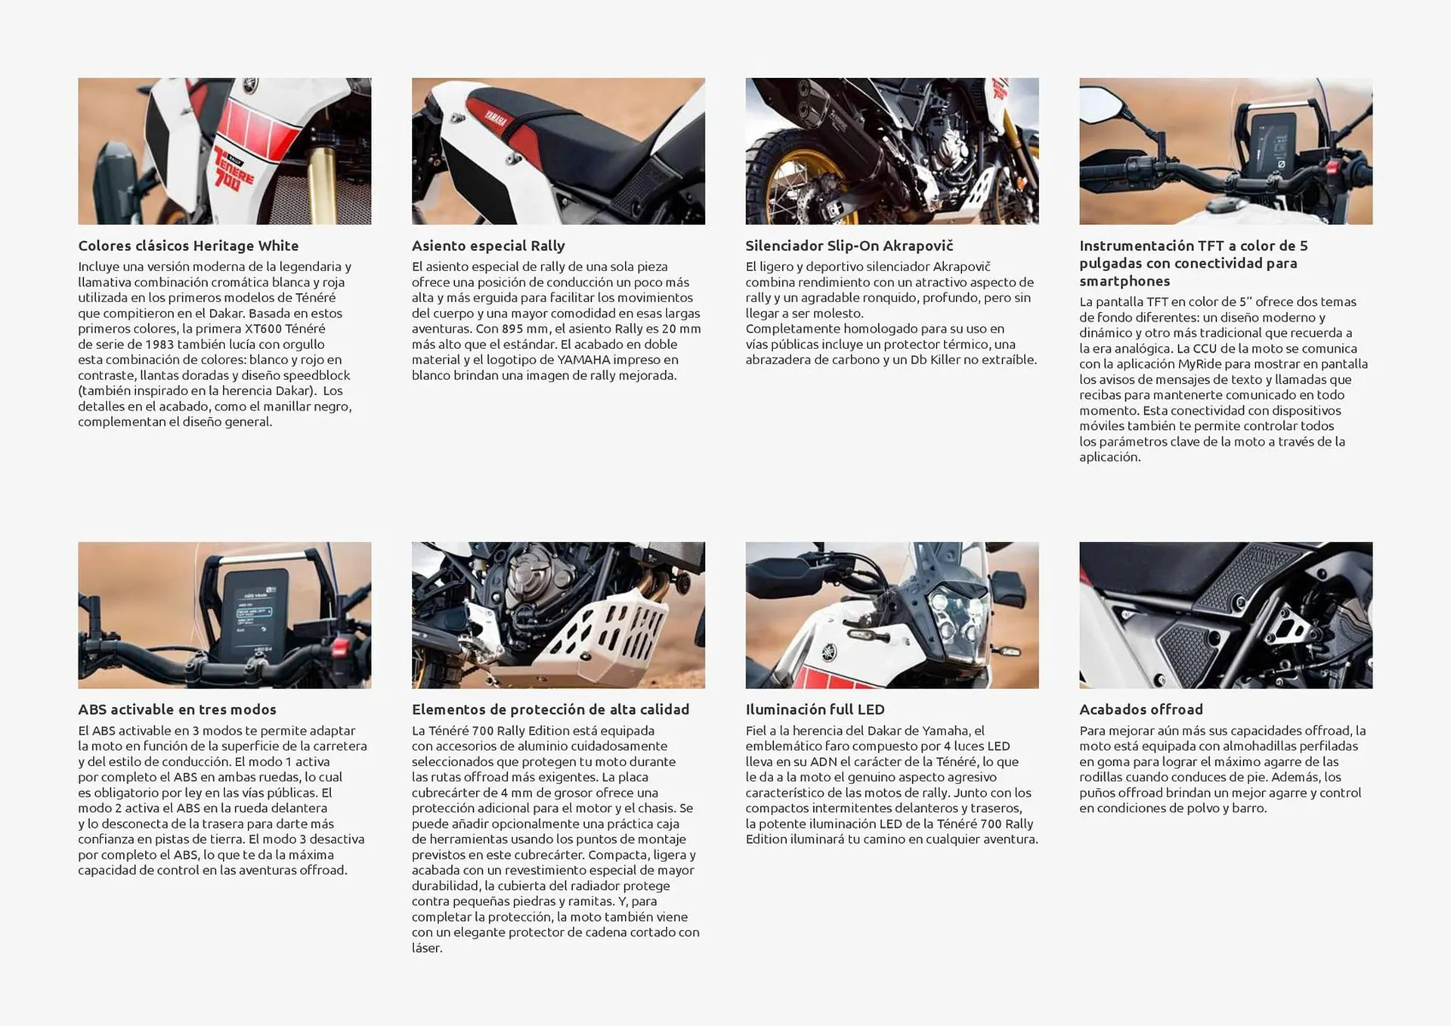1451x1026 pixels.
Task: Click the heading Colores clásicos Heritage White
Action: (188, 246)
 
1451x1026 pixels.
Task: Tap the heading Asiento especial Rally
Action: (488, 246)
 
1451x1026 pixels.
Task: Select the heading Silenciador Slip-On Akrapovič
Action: (849, 246)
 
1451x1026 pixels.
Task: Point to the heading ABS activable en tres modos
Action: (177, 709)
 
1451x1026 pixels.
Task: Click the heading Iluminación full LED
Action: (815, 709)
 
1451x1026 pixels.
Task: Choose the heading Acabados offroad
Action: (1140, 709)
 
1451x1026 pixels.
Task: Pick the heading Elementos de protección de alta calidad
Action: (550, 709)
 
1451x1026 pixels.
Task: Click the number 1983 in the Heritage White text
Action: (159, 345)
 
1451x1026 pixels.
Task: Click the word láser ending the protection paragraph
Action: (427, 948)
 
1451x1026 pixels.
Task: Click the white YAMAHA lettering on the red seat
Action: (497, 119)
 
